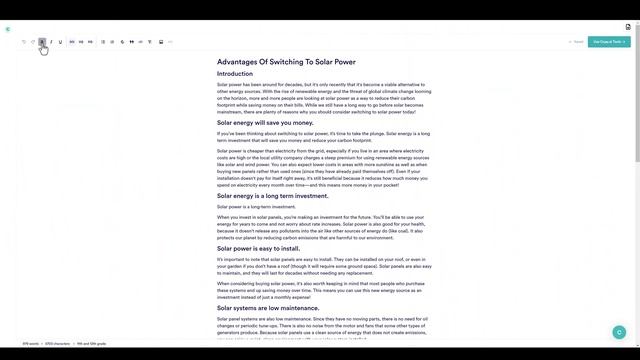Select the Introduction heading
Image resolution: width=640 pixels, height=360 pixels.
(x=235, y=74)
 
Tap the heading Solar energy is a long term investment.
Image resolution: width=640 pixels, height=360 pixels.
(x=273, y=196)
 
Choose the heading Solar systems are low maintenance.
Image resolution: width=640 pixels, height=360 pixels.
(x=268, y=308)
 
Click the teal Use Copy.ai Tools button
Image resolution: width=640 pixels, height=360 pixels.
(x=609, y=42)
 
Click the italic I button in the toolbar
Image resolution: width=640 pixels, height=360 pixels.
(x=51, y=42)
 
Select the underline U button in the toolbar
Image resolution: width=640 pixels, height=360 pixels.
(x=60, y=42)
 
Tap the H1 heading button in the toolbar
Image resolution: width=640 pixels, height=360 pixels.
(x=72, y=42)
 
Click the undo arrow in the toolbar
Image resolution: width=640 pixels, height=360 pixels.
(x=24, y=42)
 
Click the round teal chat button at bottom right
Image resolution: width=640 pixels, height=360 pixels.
(x=619, y=332)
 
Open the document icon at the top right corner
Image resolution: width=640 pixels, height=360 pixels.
(x=628, y=27)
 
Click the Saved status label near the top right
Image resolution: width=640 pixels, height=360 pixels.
(x=576, y=42)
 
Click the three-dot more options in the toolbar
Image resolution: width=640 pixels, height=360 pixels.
(x=170, y=42)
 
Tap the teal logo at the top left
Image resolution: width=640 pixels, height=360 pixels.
(x=8, y=29)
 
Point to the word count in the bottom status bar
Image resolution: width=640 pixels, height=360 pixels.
(x=30, y=344)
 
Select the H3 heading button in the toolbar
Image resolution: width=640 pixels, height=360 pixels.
(x=90, y=42)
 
